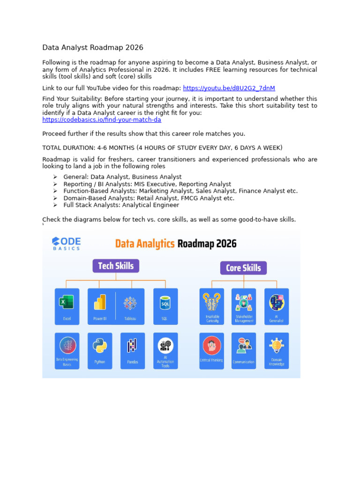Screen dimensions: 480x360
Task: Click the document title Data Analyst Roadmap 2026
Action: (x=93, y=47)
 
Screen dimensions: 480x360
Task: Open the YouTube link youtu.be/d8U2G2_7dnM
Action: (x=229, y=88)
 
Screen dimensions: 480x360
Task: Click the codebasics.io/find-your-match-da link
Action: (x=102, y=120)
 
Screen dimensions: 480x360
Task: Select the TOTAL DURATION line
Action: (x=162, y=148)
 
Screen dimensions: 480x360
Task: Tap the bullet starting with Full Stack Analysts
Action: (x=121, y=205)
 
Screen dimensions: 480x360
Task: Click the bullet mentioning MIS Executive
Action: (x=147, y=184)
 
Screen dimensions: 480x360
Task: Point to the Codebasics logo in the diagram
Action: (x=66, y=243)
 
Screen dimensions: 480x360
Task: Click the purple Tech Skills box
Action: (x=116, y=266)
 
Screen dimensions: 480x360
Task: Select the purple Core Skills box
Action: (x=243, y=268)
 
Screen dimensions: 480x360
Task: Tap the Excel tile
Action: (x=67, y=306)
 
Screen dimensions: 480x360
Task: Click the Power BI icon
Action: (x=100, y=303)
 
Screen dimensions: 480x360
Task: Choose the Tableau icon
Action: (x=130, y=303)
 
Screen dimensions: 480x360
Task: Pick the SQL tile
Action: (x=165, y=306)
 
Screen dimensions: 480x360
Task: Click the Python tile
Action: (x=100, y=351)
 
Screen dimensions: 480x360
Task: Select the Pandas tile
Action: (x=133, y=351)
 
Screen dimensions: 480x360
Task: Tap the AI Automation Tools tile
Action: (x=165, y=351)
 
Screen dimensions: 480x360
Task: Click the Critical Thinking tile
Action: (x=211, y=351)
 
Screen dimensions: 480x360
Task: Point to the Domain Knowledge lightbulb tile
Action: (x=277, y=351)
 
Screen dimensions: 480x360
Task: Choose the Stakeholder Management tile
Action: (x=244, y=306)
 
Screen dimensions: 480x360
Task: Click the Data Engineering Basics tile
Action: (x=67, y=351)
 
